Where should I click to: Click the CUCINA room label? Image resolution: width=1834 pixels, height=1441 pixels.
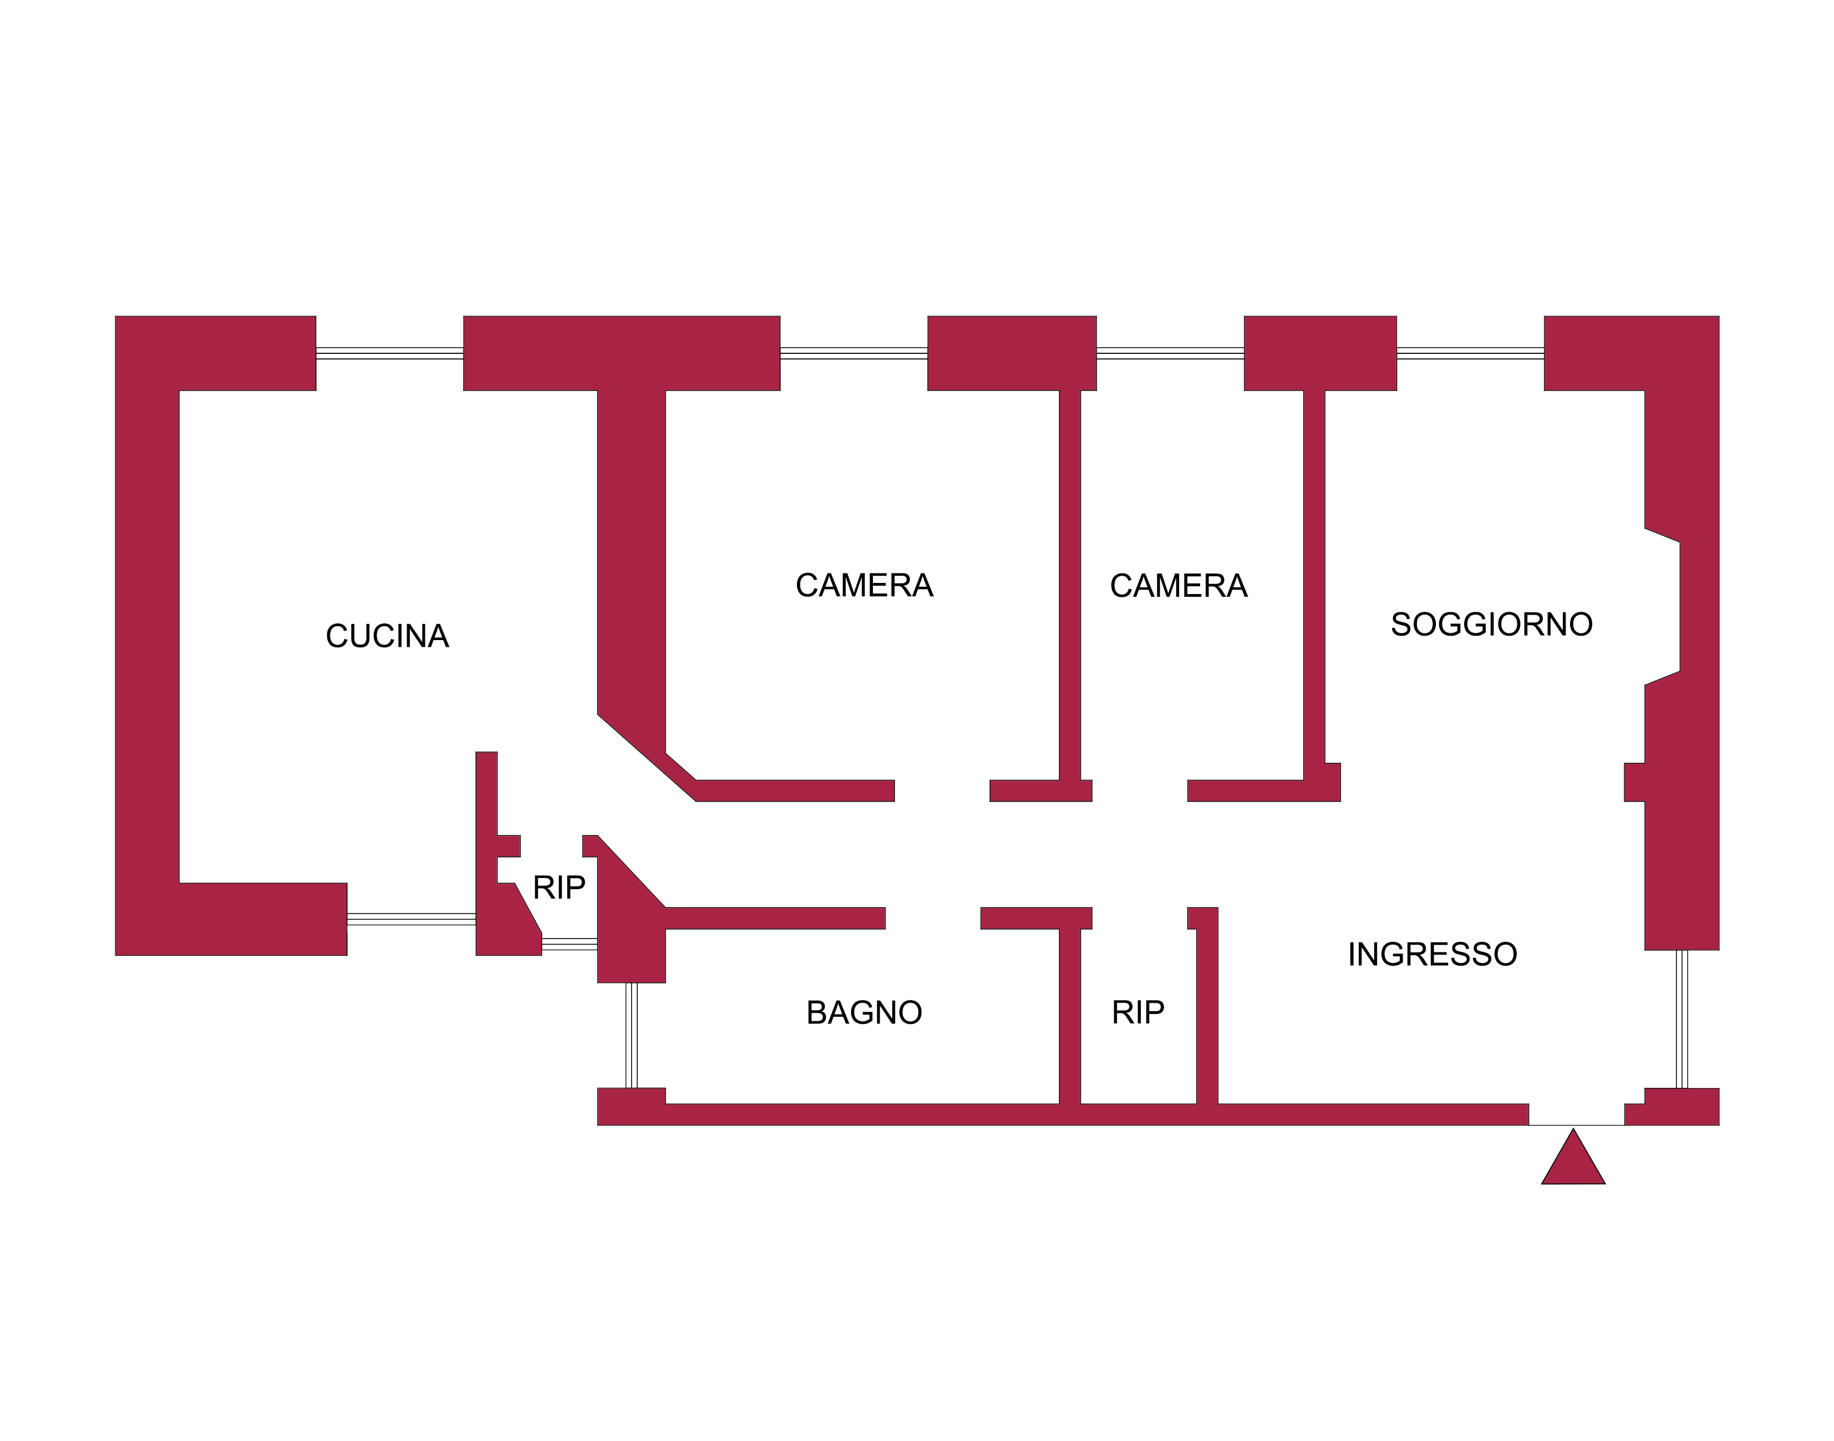pos(387,636)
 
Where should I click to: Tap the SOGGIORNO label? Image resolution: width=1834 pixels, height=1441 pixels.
pos(1491,625)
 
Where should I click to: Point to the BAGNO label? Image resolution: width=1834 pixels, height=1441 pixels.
pos(864,1012)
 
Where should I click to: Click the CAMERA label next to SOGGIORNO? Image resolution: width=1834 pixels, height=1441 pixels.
pos(1178,586)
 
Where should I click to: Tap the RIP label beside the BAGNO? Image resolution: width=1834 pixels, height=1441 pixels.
pos(1137,1012)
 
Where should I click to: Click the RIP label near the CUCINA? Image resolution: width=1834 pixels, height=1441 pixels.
pos(558,887)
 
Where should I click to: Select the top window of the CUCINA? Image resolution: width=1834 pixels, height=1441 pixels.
pos(389,353)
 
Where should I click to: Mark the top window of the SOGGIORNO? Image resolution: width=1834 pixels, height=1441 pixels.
pos(1470,353)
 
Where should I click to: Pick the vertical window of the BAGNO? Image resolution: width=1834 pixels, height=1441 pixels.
pos(631,1035)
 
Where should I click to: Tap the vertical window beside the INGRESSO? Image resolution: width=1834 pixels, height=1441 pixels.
pos(1681,1018)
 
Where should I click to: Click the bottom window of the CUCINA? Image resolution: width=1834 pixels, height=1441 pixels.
pos(411,919)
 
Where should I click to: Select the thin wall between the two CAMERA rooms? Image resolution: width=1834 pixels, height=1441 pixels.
pos(1070,582)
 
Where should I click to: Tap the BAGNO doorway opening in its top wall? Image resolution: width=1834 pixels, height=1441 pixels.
pos(932,918)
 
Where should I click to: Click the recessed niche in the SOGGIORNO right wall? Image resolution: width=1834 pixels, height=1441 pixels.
pos(1662,607)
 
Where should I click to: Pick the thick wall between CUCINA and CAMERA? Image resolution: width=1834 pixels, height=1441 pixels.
pos(631,549)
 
